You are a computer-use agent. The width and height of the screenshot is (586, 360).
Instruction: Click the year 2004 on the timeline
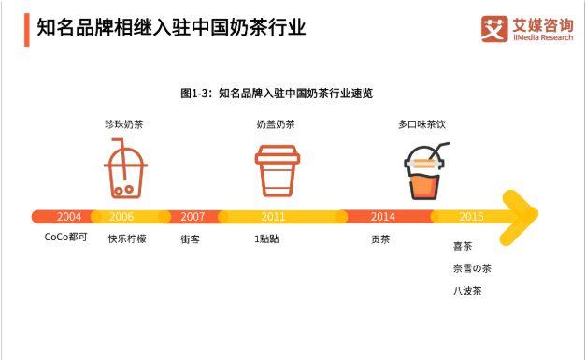55,216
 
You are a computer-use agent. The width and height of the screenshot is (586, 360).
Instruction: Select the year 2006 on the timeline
121,216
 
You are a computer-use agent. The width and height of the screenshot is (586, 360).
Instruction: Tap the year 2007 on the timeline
193,216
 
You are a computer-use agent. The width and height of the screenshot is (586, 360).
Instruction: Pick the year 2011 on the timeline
274,216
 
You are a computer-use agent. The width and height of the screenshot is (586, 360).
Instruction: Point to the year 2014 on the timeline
382,216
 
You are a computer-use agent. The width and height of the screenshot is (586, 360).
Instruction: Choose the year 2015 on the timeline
471,216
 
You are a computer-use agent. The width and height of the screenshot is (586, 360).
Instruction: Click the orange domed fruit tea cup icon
424,171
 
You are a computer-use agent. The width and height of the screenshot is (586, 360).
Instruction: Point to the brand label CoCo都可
64,238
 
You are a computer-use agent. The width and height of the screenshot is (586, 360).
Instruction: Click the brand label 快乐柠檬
127,238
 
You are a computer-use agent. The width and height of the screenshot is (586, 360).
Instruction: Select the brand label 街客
190,238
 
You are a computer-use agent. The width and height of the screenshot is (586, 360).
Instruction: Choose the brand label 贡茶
380,238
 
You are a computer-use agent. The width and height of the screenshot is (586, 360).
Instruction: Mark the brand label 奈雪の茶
471,268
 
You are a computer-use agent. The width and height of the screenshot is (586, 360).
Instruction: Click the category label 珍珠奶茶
123,123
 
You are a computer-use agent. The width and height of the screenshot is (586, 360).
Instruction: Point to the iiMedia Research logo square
494,29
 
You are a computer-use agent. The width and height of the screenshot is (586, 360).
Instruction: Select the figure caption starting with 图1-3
277,93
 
